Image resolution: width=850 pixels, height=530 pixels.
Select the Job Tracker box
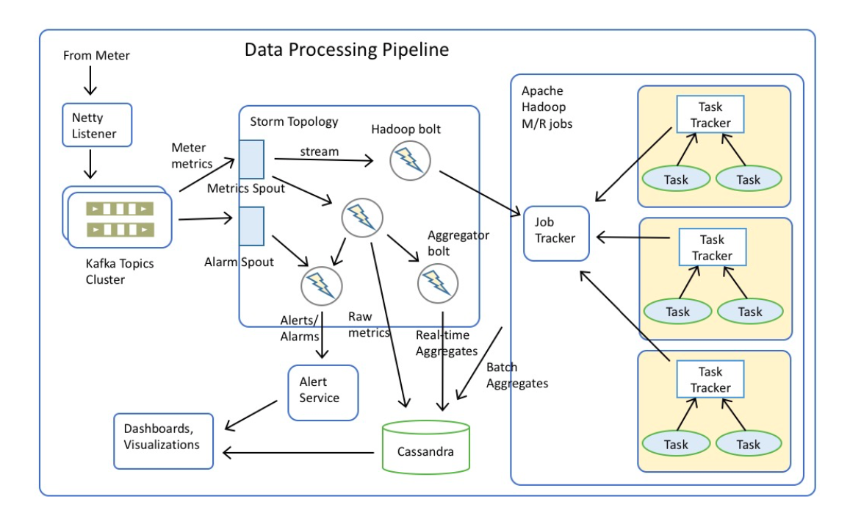coord(556,233)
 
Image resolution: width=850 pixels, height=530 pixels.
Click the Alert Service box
coord(323,391)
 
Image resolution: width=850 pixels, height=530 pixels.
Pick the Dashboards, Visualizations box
coord(164,436)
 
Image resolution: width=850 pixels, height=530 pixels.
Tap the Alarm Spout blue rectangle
coord(251,224)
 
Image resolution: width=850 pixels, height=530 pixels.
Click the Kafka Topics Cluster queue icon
coord(120,219)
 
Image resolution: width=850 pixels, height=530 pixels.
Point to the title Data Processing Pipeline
coord(346,50)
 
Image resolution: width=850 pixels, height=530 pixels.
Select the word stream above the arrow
coord(319,151)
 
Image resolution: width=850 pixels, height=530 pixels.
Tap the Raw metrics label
coord(368,325)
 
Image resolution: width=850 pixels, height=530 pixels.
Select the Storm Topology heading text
coord(294,121)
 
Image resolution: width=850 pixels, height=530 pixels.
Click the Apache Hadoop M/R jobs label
coord(547,107)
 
